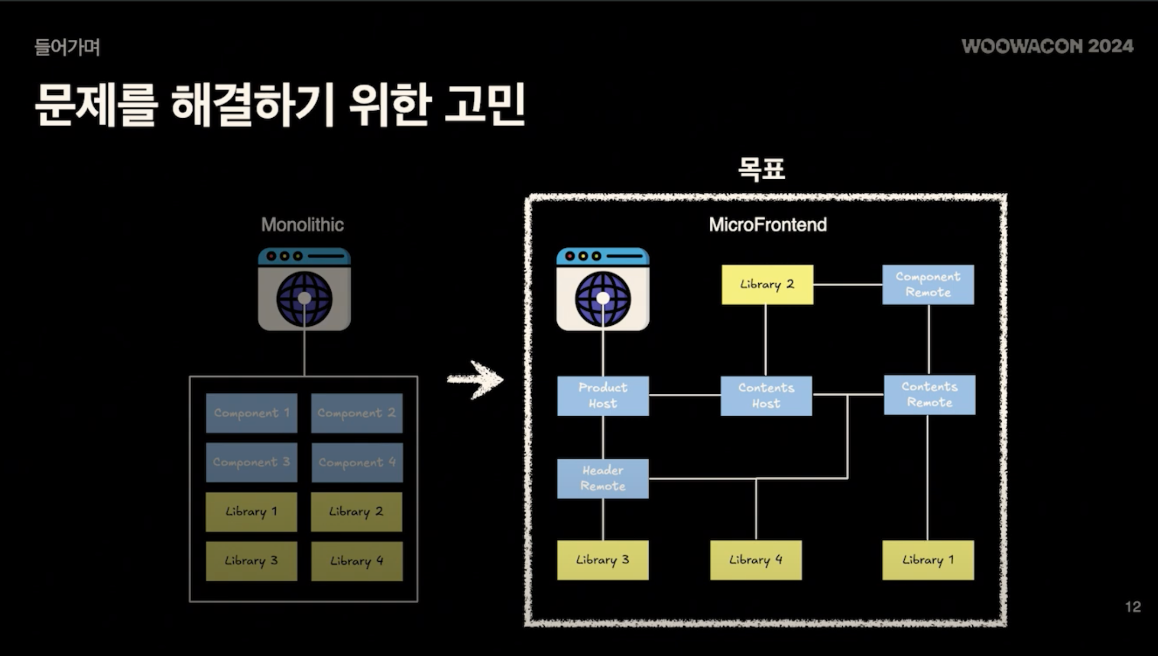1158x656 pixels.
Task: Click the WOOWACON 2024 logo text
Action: [x=1047, y=46]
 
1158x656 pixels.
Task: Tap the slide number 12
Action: [x=1132, y=607]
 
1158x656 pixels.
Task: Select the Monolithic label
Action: [x=302, y=224]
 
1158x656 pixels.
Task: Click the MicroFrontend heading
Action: [x=767, y=224]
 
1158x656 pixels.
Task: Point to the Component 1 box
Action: [x=251, y=413]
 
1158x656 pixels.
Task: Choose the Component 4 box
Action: [x=357, y=463]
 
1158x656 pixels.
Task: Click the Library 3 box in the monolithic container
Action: [x=251, y=561]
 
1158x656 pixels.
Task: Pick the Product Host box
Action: [x=602, y=396]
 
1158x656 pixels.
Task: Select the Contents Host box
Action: [x=766, y=396]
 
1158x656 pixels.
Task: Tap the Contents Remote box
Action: [x=929, y=394]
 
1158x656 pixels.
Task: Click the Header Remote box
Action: [x=602, y=478]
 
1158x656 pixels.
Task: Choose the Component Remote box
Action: [x=928, y=284]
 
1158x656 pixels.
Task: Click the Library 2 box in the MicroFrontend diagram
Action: [x=767, y=284]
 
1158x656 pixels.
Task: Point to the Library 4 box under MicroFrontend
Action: [x=755, y=560]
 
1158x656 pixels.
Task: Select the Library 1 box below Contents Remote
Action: [x=928, y=560]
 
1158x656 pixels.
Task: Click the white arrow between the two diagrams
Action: [x=476, y=379]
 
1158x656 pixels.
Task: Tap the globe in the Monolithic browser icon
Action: [x=304, y=299]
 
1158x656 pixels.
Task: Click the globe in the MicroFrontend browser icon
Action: [x=602, y=299]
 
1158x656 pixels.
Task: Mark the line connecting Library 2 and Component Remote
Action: [x=848, y=284]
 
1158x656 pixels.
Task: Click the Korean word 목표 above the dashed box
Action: [x=761, y=169]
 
